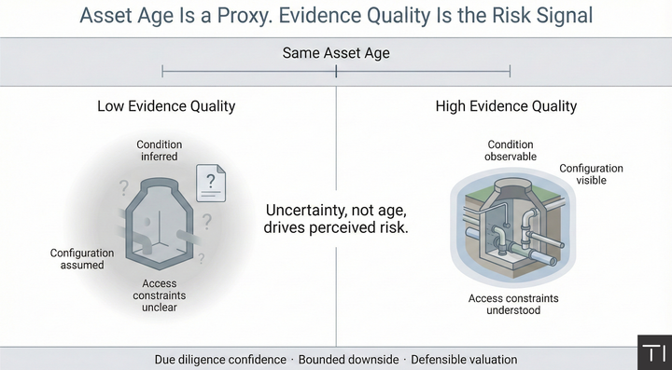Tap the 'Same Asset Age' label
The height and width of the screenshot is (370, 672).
[x=336, y=53]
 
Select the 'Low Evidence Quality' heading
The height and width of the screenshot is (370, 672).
[x=166, y=106]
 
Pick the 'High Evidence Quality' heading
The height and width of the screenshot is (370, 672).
[x=506, y=106]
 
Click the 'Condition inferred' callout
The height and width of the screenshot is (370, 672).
[x=159, y=151]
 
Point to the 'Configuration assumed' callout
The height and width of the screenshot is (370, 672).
[x=82, y=259]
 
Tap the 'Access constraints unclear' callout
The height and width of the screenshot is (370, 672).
[x=160, y=295]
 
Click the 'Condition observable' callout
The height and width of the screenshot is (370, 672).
[x=511, y=151]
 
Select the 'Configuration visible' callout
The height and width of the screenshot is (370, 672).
[x=591, y=174]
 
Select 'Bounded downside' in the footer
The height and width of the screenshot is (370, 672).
[x=348, y=360]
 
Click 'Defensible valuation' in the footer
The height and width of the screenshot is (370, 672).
[x=464, y=360]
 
